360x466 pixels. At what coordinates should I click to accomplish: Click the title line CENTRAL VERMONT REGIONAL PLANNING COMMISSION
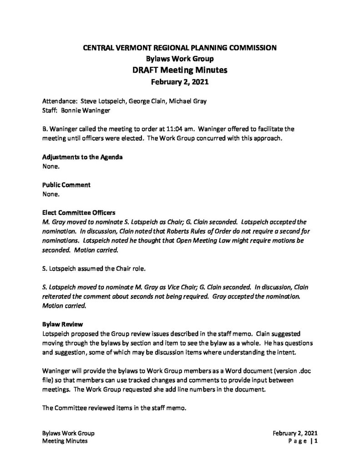(180, 47)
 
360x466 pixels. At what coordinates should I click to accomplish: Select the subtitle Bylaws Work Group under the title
(180, 59)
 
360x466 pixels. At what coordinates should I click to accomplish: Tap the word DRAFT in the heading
(147, 71)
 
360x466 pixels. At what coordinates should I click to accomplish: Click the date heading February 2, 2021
(180, 82)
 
